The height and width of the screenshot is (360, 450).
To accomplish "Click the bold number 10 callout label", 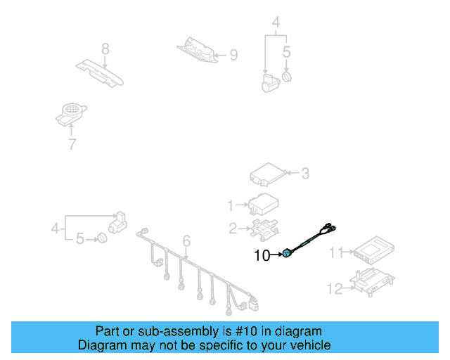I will coord(261,256).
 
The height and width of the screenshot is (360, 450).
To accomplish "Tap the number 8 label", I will coord(105,49).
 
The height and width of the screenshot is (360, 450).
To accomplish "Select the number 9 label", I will coord(233,54).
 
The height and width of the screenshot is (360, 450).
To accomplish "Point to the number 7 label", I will coord(71,145).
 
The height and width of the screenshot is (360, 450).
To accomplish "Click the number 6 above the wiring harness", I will coord(186,242).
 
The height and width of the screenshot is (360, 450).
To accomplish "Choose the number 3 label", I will coord(304,172).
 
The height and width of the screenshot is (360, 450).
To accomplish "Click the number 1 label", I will coord(230,205).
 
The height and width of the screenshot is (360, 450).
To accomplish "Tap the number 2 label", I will coord(232,228).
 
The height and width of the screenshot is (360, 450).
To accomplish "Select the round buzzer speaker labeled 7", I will coord(70,112).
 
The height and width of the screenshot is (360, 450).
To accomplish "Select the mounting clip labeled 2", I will coord(262,228).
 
